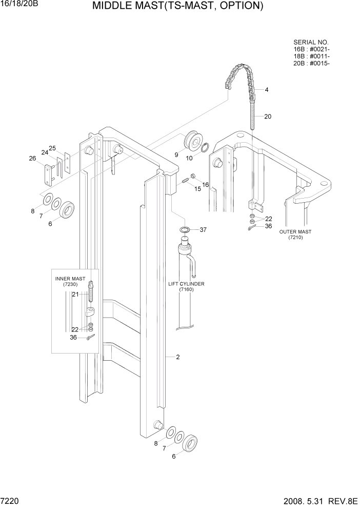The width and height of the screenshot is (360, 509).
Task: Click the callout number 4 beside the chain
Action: tap(267, 90)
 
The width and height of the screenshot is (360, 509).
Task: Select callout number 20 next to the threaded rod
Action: tap(268, 116)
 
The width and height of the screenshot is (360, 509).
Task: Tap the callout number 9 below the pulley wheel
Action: tap(176, 154)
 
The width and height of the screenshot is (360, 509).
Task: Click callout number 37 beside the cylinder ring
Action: tap(203, 229)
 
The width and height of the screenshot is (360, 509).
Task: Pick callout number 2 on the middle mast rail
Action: tap(177, 357)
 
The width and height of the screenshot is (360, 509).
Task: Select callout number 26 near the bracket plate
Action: tap(33, 159)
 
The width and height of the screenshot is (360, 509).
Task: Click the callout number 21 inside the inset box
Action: tap(74, 294)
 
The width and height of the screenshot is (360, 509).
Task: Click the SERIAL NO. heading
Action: tap(311, 42)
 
